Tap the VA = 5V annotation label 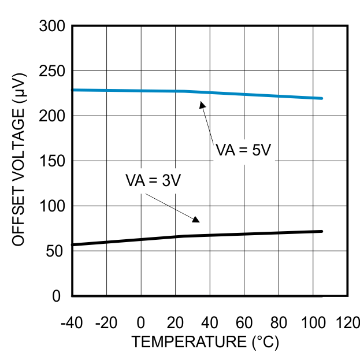pos(243,150)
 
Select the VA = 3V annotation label pos(153,180)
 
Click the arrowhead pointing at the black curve pos(195,219)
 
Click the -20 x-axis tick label pos(106,322)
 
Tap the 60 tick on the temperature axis pos(244,322)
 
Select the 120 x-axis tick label pos(348,322)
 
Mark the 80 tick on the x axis pos(279,322)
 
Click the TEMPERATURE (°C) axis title pos(205,342)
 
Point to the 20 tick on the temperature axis pos(175,322)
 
